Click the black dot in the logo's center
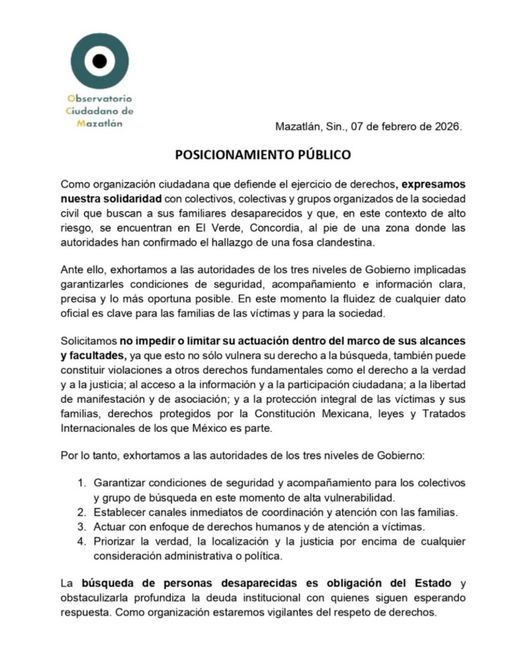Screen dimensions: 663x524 99,61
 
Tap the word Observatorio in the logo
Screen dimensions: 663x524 100,98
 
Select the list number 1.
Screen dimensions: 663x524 82,484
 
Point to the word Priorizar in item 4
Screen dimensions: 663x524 116,541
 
